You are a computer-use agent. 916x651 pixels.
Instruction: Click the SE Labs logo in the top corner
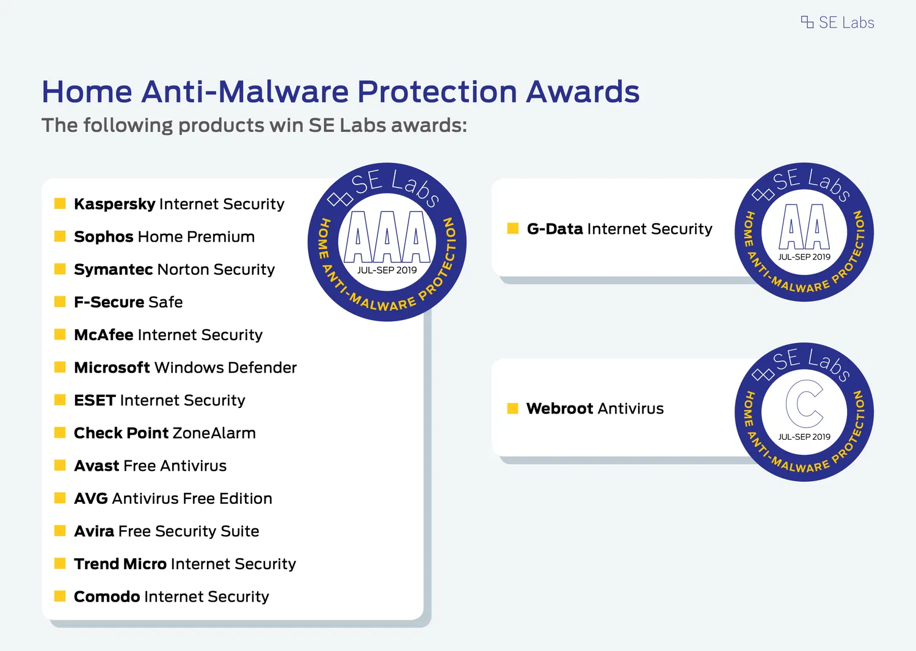(x=837, y=23)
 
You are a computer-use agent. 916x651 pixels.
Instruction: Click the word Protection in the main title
(x=437, y=92)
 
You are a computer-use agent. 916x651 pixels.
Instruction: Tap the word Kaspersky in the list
(x=115, y=204)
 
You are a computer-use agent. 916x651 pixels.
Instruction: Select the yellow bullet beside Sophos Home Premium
(x=60, y=236)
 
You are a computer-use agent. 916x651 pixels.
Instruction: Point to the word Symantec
(x=113, y=269)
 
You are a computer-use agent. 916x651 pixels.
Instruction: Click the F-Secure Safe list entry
(x=128, y=302)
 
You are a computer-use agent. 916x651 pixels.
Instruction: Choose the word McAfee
(x=103, y=335)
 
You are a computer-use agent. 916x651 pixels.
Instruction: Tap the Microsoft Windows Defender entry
(x=185, y=368)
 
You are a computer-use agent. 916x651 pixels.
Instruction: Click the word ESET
(x=95, y=401)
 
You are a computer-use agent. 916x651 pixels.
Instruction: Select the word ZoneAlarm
(x=214, y=433)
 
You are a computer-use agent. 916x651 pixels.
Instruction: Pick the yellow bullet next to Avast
(x=60, y=465)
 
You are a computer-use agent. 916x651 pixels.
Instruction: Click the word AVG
(x=91, y=498)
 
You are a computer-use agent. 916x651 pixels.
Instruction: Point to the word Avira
(x=94, y=531)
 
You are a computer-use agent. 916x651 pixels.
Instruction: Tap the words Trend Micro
(x=120, y=564)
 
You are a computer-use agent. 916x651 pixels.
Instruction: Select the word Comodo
(x=107, y=597)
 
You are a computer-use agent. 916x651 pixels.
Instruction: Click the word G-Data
(x=555, y=229)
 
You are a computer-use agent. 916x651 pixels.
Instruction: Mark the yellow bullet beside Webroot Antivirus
(x=513, y=409)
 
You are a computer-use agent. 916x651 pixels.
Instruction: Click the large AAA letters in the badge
(x=387, y=237)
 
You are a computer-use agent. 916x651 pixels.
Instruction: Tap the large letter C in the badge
(x=804, y=404)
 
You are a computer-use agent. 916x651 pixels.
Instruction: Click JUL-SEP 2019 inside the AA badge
(x=804, y=257)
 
